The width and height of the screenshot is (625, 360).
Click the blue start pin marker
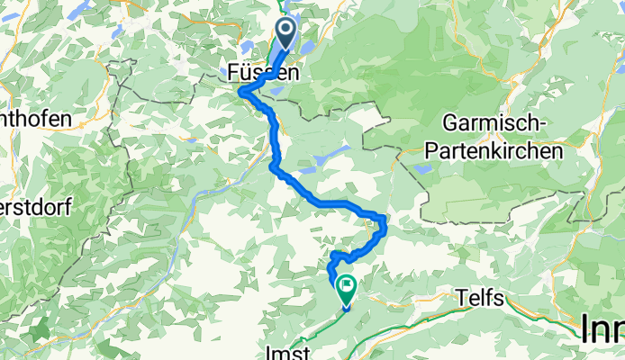point(286,34)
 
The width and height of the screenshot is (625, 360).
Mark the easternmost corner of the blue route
point(385,220)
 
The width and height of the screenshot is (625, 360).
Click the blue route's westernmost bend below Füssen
point(240,90)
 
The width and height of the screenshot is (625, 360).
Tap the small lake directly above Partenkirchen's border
point(422,168)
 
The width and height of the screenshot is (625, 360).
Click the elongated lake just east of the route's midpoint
point(311,168)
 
